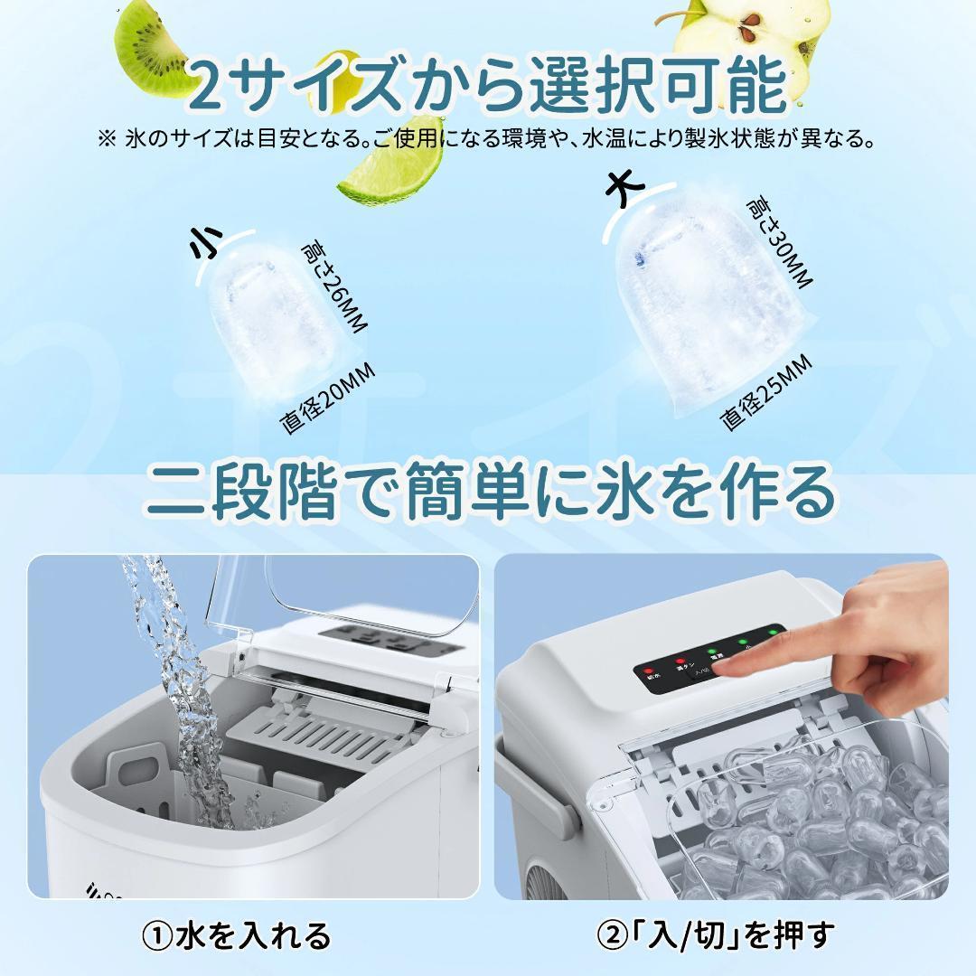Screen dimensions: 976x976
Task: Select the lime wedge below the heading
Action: pos(393,167)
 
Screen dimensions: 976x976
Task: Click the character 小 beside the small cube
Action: pos(206,245)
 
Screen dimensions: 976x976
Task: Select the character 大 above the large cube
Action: pos(625,189)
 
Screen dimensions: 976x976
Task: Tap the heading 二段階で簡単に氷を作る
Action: pos(489,493)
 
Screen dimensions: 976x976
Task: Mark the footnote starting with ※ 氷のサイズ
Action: pos(489,140)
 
